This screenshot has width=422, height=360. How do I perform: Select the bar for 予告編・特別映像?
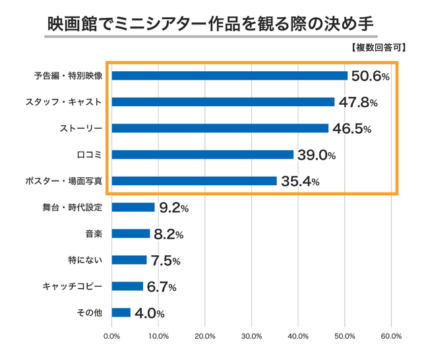tap(229, 76)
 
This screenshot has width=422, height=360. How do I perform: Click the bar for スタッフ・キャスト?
tap(223, 102)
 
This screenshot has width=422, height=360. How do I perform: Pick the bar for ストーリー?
tap(220, 128)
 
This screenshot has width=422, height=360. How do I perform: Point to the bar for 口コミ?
tap(202, 154)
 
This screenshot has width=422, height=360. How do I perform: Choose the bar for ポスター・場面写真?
tap(195, 181)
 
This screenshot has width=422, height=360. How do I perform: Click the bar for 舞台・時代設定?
tap(133, 207)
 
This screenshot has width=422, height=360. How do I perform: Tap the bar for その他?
tap(121, 313)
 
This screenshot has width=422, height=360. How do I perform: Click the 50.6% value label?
tap(370, 76)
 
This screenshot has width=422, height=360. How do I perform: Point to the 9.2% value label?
tap(174, 208)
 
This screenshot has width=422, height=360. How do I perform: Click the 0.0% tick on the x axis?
tap(111, 337)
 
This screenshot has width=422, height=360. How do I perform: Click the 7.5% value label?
tap(166, 261)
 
